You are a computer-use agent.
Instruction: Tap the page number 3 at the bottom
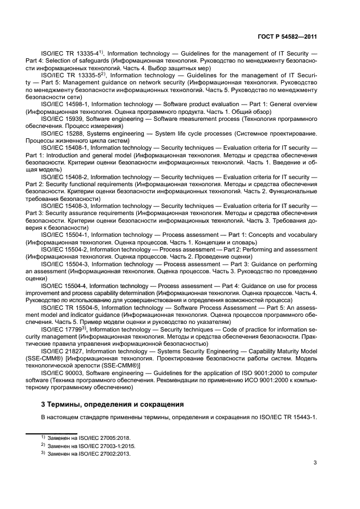tap(315, 463)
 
